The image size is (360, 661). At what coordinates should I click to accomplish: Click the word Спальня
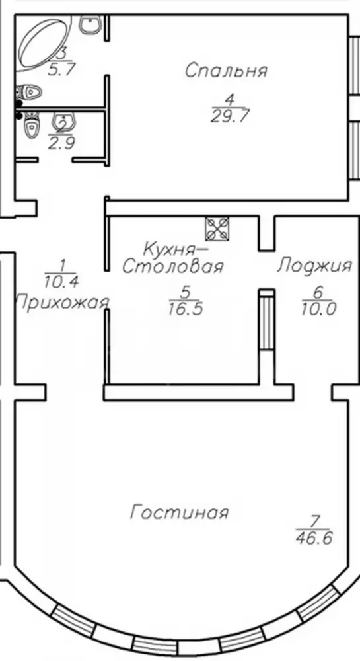pyautogui.click(x=226, y=71)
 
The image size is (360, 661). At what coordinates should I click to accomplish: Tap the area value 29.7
pyautogui.click(x=229, y=115)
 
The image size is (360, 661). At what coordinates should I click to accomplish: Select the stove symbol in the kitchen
pyautogui.click(x=217, y=229)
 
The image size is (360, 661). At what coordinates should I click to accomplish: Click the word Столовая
pyautogui.click(x=172, y=266)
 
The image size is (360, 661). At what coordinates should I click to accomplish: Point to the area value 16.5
pyautogui.click(x=186, y=309)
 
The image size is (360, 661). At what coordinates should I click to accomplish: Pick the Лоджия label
pyautogui.click(x=314, y=266)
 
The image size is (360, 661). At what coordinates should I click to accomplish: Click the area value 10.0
pyautogui.click(x=319, y=309)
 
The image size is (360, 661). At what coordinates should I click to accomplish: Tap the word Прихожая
pyautogui.click(x=62, y=303)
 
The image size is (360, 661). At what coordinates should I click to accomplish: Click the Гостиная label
pyautogui.click(x=180, y=513)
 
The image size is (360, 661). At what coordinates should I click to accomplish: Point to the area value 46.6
pyautogui.click(x=314, y=538)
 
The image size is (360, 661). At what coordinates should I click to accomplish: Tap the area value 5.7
pyautogui.click(x=61, y=69)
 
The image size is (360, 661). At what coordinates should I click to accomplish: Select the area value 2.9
pyautogui.click(x=61, y=143)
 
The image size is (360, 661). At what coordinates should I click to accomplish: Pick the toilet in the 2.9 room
pyautogui.click(x=31, y=125)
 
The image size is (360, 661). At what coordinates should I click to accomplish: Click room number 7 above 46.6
pyautogui.click(x=313, y=522)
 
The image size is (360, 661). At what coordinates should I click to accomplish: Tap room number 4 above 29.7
pyautogui.click(x=229, y=100)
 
